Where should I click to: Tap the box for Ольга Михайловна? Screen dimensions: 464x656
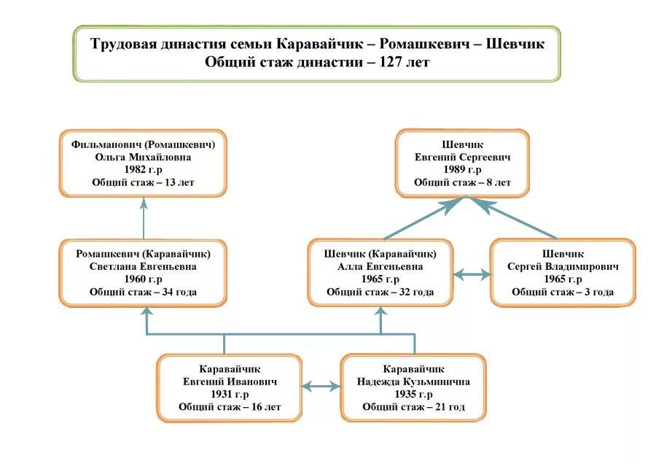click(x=144, y=163)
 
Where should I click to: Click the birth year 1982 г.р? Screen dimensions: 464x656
click(x=144, y=169)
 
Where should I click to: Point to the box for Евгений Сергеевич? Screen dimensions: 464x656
click(x=463, y=163)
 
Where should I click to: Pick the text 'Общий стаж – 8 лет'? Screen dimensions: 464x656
click(x=463, y=182)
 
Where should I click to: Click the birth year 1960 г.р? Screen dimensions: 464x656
click(x=144, y=279)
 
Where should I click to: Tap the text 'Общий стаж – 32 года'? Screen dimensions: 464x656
click(x=380, y=292)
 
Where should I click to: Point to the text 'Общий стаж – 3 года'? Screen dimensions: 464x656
click(x=563, y=292)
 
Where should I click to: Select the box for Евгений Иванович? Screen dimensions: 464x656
click(x=230, y=388)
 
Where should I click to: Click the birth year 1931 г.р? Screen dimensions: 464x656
click(x=230, y=395)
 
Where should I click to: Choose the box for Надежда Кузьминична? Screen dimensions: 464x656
click(x=413, y=388)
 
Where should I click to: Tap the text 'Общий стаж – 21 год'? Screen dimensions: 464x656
click(x=413, y=407)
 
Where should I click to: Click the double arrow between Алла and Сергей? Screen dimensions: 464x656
click(x=472, y=275)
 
